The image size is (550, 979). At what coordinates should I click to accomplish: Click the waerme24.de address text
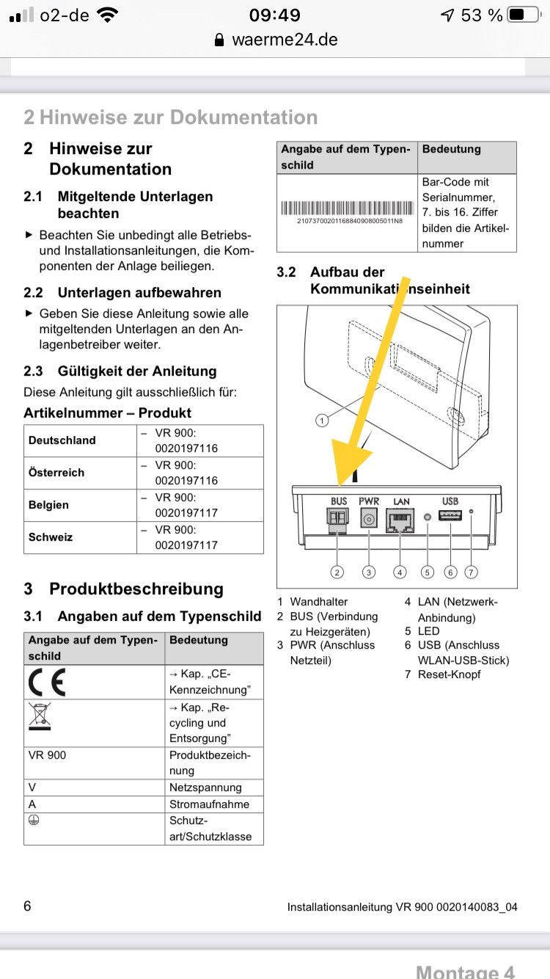285,40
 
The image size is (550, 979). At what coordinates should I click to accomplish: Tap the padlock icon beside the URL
219,40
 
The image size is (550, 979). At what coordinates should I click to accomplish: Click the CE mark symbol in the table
47,682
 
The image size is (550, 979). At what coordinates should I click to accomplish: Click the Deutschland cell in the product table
62,440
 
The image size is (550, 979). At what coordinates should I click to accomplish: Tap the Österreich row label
56,473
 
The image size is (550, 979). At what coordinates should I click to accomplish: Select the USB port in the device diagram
450,516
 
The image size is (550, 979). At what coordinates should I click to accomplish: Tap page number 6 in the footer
28,906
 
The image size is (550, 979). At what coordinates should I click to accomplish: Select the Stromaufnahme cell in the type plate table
209,804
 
